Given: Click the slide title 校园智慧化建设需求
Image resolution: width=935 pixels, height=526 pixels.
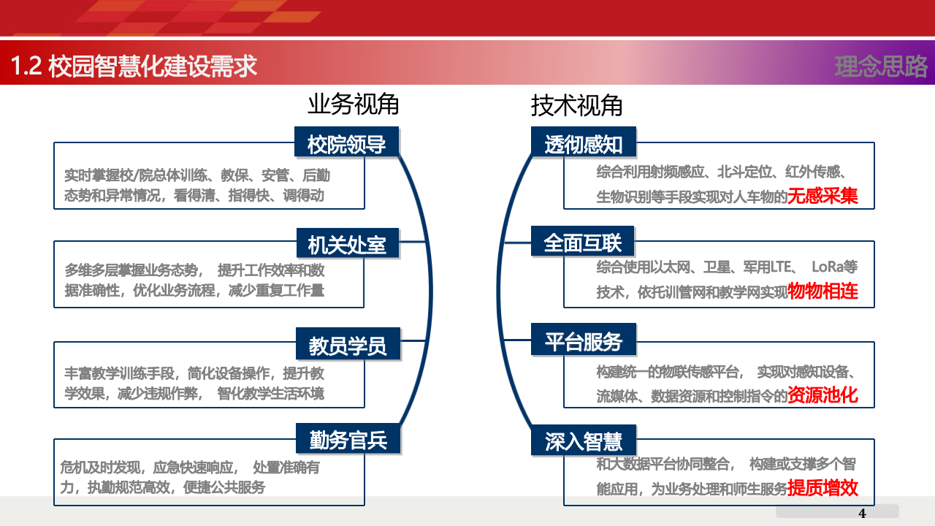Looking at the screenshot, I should coord(153,66).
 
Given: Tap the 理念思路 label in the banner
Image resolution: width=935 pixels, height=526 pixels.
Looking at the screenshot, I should coord(881,66).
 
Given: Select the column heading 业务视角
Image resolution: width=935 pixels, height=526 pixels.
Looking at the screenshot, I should coord(353,105).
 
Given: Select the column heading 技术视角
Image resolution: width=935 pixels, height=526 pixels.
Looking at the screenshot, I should coord(576,105).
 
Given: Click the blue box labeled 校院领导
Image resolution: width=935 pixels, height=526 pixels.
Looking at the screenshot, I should coord(347,143).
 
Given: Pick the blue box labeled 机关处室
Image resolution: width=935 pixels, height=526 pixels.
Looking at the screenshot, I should coord(347,243).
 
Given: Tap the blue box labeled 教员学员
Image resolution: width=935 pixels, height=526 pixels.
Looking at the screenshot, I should coord(347,343).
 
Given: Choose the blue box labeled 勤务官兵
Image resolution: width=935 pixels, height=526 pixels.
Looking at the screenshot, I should coord(347,440).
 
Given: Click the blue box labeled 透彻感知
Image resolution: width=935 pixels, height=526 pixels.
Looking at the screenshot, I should coord(584,143).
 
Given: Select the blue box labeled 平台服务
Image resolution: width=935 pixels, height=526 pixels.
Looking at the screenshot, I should coord(584,341).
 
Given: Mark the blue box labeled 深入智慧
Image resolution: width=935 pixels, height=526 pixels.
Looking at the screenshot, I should coord(584,441).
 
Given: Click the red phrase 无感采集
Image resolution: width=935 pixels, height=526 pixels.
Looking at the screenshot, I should coord(822,196).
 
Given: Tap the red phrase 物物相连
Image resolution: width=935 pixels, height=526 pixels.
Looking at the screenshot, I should coord(823,291).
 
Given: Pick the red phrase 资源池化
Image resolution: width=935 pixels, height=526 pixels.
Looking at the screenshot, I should coord(823,395).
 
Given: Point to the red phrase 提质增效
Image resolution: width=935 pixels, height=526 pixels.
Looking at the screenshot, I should coord(823,488).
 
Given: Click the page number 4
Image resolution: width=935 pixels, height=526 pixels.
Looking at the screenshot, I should coord(862,511).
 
